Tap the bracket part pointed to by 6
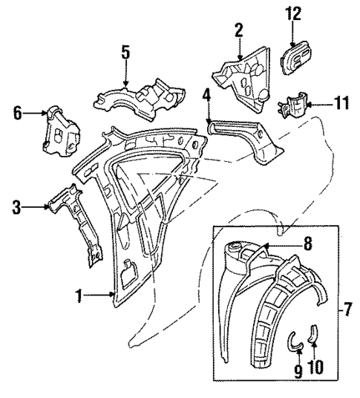59,133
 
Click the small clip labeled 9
295,341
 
